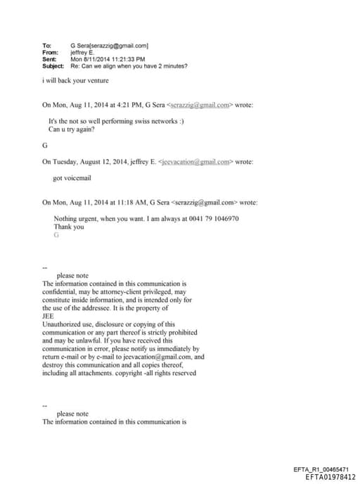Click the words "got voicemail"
pyautogui.click(x=72, y=178)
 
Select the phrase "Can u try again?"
pyautogui.click(x=71, y=129)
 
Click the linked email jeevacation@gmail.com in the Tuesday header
pyautogui.click(x=196, y=162)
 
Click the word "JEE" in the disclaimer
pyautogui.click(x=49, y=317)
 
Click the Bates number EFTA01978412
pyautogui.click(x=331, y=477)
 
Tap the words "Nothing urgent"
pyautogui.click(x=77, y=219)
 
